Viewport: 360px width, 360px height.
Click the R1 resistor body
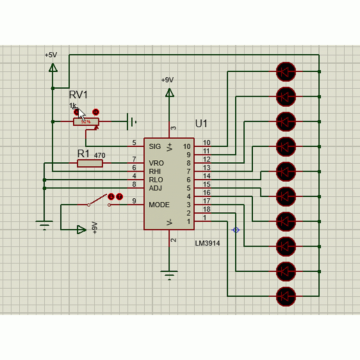pyautogui.click(x=90, y=163)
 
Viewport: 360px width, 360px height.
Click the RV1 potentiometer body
pyautogui.click(x=86, y=122)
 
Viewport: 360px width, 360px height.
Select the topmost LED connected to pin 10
pyautogui.click(x=286, y=71)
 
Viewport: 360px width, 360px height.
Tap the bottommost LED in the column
pyautogui.click(x=286, y=297)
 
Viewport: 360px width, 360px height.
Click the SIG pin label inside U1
pyautogui.click(x=155, y=146)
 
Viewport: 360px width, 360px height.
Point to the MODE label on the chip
pyautogui.click(x=159, y=205)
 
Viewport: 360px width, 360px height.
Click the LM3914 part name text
pyautogui.click(x=207, y=243)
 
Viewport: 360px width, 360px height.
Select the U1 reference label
pyautogui.click(x=201, y=123)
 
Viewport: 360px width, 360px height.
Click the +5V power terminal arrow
pyautogui.click(x=53, y=68)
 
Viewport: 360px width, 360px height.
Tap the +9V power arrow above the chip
pyautogui.click(x=170, y=93)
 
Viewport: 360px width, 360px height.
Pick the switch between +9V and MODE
pyautogui.click(x=99, y=201)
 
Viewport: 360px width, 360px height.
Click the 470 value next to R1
pyautogui.click(x=99, y=155)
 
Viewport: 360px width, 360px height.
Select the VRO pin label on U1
pyautogui.click(x=156, y=163)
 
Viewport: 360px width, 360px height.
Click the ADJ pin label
pyautogui.click(x=155, y=188)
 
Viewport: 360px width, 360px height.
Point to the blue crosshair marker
pyautogui.click(x=236, y=230)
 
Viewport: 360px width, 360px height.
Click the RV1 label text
pyautogui.click(x=78, y=95)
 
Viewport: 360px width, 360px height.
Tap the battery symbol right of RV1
pyautogui.click(x=132, y=122)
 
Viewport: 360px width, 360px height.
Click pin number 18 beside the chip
pyautogui.click(x=207, y=209)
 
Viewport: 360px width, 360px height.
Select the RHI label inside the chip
pyautogui.click(x=155, y=171)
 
